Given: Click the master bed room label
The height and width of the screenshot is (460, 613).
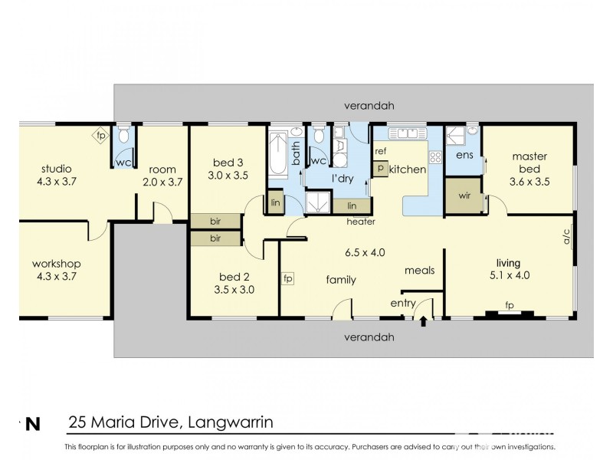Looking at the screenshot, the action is [529, 163].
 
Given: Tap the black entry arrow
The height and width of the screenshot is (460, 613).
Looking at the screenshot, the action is [423, 321].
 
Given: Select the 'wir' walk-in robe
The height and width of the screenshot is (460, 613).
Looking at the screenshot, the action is [464, 195].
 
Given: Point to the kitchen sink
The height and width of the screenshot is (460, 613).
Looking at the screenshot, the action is [407, 133].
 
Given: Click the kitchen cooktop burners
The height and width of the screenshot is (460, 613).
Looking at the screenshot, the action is [435, 157].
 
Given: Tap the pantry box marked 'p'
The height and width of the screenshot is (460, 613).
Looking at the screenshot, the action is [380, 169].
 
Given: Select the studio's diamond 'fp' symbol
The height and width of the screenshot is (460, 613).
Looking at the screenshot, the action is [101, 136].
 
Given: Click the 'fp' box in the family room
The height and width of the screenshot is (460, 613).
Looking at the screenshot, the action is [288, 279].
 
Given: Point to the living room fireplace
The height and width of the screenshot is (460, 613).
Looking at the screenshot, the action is [510, 313].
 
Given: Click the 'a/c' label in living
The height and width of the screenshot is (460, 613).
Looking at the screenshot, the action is [567, 236].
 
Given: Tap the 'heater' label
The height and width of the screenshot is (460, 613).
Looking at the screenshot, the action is [361, 222].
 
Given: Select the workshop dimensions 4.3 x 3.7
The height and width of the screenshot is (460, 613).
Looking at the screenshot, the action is [57, 277].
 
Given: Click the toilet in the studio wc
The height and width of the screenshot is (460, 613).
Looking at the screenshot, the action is [123, 135].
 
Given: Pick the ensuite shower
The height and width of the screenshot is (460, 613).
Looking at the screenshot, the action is [455, 136].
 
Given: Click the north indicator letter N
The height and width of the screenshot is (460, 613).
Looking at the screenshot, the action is [33, 425].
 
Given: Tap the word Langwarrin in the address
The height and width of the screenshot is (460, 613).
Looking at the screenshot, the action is [231, 422].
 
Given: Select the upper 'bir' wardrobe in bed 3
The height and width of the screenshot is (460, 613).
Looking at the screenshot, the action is [215, 222].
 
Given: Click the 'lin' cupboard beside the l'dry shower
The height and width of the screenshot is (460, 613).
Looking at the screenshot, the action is [352, 205].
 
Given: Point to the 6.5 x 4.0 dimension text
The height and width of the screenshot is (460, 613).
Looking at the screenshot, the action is [365, 253].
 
